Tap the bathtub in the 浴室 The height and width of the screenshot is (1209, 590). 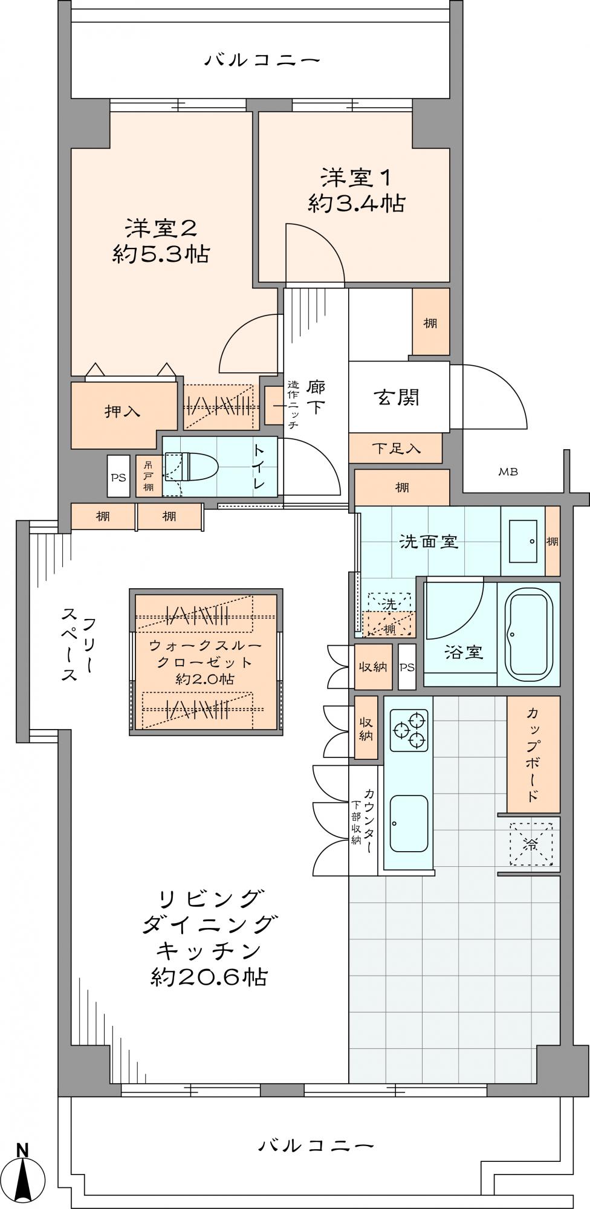tap(528, 635)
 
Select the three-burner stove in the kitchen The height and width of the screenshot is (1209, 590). tap(409, 730)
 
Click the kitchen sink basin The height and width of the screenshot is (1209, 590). tap(409, 823)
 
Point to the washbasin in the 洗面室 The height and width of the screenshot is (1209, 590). tap(522, 542)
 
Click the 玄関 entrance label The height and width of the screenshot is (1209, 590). tap(397, 397)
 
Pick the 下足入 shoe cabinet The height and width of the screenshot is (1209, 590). tap(395, 449)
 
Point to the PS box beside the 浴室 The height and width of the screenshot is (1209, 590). tap(407, 667)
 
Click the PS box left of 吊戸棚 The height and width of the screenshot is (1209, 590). tap(118, 477)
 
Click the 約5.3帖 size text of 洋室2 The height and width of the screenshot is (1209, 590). tap(161, 254)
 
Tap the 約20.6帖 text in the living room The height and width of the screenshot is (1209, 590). tap(209, 976)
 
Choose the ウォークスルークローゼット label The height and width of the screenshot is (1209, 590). tap(206, 654)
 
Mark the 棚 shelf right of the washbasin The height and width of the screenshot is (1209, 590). tap(553, 542)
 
